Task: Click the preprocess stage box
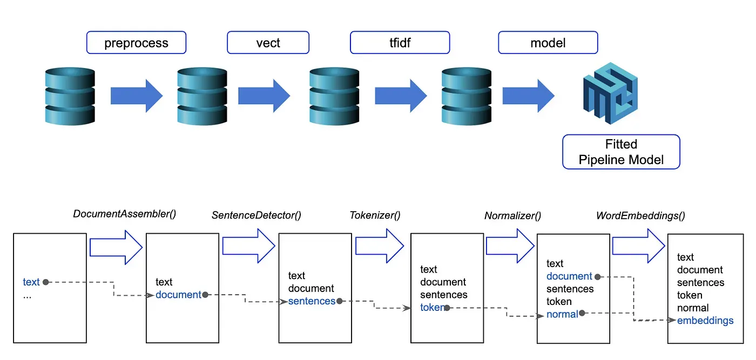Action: tap(136, 43)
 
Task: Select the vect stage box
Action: tap(268, 43)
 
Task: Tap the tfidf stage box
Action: tap(400, 43)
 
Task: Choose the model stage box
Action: tap(548, 43)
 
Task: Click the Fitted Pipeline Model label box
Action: tap(621, 152)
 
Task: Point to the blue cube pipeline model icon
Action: tap(610, 93)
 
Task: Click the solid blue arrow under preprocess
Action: tap(137, 96)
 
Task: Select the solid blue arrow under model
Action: tap(529, 96)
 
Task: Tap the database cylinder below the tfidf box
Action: tap(467, 96)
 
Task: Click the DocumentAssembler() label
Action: tap(125, 214)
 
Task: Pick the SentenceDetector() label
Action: tap(256, 215)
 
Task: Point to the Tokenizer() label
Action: tap(375, 215)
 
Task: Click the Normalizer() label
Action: tap(512, 215)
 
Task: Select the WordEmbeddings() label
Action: tap(640, 215)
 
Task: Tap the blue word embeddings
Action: tap(705, 321)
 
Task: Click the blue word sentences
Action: tap(312, 301)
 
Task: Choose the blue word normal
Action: tap(562, 314)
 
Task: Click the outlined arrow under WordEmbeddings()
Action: tap(638, 246)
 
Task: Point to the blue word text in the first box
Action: tap(31, 282)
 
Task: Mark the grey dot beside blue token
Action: tap(447, 308)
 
